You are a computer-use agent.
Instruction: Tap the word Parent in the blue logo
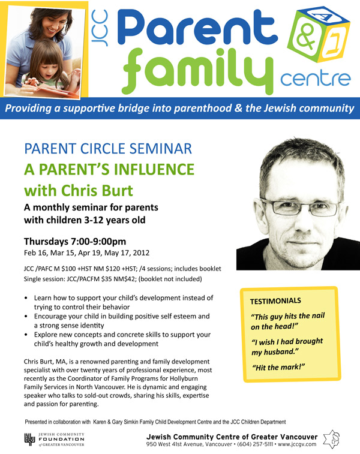click(x=197, y=28)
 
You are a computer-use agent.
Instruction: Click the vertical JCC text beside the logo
click(x=100, y=28)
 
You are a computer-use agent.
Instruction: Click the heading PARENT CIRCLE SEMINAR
click(x=108, y=149)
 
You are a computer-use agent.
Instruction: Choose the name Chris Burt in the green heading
click(x=97, y=191)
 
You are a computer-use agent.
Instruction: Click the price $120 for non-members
click(x=113, y=269)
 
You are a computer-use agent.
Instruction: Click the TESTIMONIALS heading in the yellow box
click(x=275, y=301)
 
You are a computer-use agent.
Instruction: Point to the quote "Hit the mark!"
click(x=278, y=368)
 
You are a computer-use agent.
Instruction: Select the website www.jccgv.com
click(x=297, y=444)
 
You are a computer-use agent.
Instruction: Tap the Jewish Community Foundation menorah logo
click(x=29, y=439)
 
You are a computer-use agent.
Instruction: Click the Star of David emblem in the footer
click(x=331, y=438)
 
